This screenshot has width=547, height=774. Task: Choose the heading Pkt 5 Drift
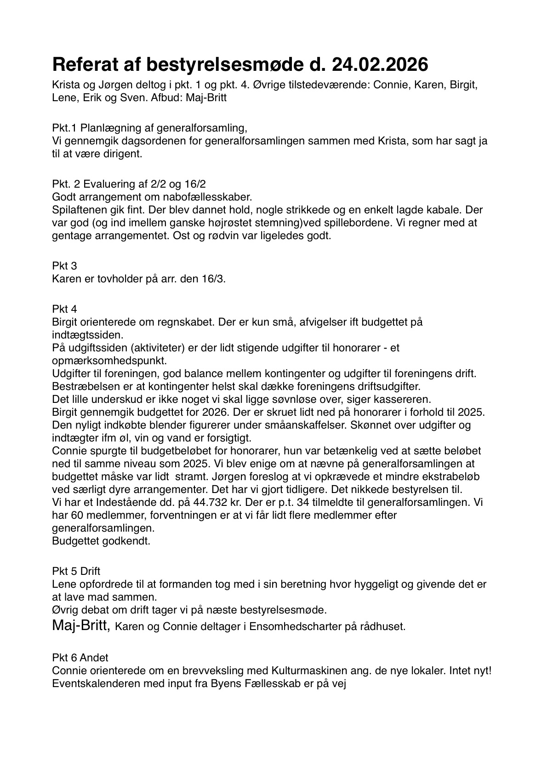pos(76,571)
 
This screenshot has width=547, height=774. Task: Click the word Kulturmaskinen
pos(321,671)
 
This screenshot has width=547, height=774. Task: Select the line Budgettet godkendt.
pos(101,540)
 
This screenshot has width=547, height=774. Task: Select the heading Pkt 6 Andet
pos(80,658)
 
